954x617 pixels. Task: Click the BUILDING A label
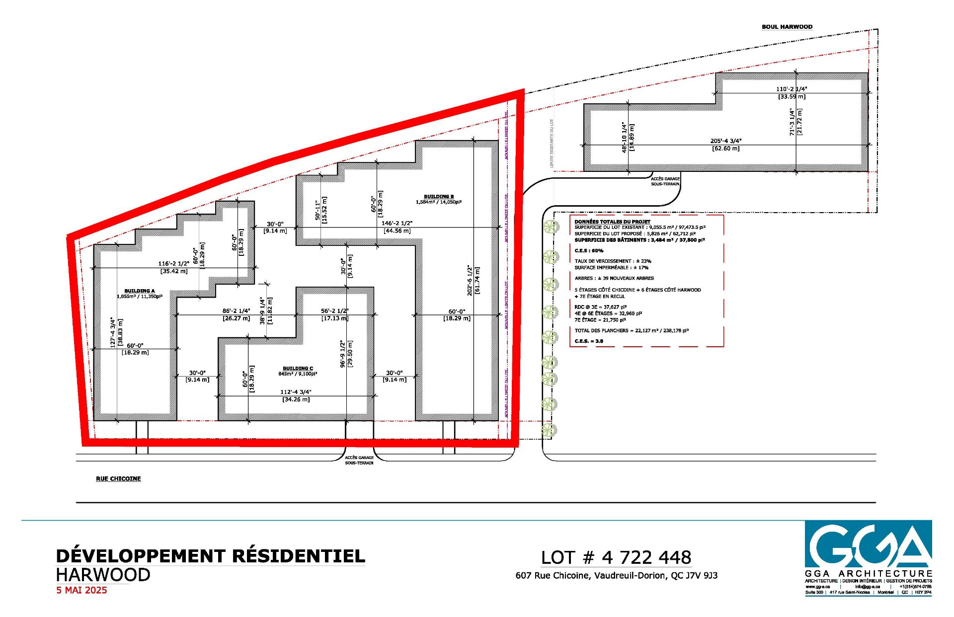coord(140,291)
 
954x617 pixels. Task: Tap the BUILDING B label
coord(438,197)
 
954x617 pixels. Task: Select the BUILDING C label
coord(298,368)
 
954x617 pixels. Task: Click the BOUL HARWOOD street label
coord(787,27)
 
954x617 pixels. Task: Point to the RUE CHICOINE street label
coord(118,478)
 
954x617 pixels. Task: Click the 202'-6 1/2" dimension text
coord(470,280)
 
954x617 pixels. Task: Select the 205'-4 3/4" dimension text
coord(725,141)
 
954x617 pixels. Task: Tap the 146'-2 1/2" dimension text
coord(397,224)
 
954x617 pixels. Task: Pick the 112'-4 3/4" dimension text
coord(296,392)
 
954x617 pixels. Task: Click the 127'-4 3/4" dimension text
coord(113,332)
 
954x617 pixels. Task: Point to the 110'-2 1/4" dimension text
coord(792,89)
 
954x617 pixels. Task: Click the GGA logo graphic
coord(868,544)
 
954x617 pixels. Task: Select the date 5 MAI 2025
coord(81,590)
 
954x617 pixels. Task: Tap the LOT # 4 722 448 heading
coord(616,557)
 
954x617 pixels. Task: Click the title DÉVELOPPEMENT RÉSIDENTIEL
coord(210,555)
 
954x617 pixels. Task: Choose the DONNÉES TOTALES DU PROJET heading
coord(612,222)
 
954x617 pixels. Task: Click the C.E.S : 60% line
coord(589,250)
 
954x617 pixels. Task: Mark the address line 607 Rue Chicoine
coord(616,575)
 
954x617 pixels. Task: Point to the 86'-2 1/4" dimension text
coord(236,311)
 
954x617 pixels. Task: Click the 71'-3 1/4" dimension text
coord(793,122)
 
